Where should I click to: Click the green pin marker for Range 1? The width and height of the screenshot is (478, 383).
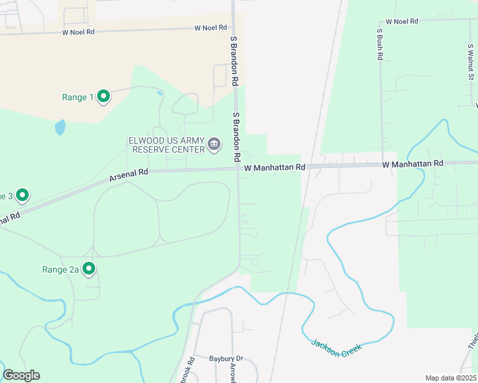point(103,96)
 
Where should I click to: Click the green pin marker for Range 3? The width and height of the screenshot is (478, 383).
point(22,195)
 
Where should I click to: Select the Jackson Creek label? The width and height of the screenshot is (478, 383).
point(336,346)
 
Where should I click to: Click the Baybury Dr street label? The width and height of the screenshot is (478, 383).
point(226,359)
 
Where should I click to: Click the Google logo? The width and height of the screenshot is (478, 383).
point(21,375)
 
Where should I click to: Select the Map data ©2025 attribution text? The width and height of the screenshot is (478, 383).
point(450,378)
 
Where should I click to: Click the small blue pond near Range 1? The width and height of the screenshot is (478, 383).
point(60,128)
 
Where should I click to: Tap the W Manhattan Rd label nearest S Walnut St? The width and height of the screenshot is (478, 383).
point(413,164)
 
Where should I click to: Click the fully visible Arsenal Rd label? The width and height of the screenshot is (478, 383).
point(128,172)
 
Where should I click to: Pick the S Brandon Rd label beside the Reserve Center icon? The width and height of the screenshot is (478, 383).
point(236,136)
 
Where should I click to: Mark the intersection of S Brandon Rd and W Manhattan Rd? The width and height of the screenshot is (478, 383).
point(237,169)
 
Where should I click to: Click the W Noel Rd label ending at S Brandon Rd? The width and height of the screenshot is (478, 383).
point(210,27)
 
